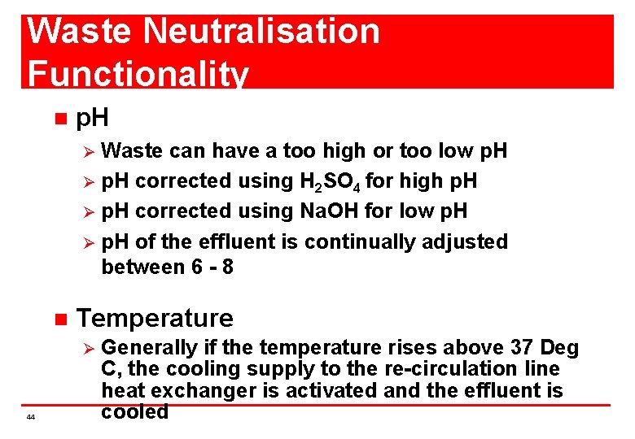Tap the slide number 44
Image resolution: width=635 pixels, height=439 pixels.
click(x=30, y=417)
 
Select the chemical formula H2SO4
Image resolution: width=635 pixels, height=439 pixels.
click(x=302, y=181)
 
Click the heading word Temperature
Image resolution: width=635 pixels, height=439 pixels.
click(x=154, y=318)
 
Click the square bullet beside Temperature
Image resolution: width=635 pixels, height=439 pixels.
click(x=58, y=319)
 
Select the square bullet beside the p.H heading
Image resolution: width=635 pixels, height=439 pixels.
click(x=58, y=120)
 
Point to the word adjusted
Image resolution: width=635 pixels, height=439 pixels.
click(x=469, y=242)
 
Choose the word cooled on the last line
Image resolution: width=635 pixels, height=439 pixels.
click(x=134, y=411)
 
